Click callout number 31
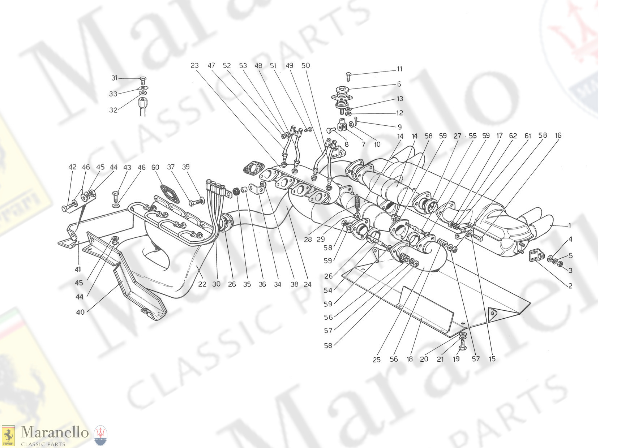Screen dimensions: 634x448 (114, 78)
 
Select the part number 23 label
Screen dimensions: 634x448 (194, 65)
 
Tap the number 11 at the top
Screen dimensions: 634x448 (399, 69)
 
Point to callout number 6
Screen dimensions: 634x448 (399, 84)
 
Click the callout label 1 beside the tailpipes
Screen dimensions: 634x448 (570, 225)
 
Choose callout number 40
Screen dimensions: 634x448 (80, 311)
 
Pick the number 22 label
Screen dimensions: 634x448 (202, 284)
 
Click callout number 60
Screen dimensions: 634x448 (155, 167)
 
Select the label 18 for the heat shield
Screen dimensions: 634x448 (410, 359)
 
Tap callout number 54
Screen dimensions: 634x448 (328, 290)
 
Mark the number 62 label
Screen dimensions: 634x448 (513, 136)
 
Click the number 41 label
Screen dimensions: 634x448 (78, 269)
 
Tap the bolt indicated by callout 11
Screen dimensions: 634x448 (349, 76)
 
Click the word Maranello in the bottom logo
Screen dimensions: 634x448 (55, 432)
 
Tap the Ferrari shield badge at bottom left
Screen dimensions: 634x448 (8, 435)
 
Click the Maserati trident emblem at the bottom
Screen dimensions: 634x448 (101, 435)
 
